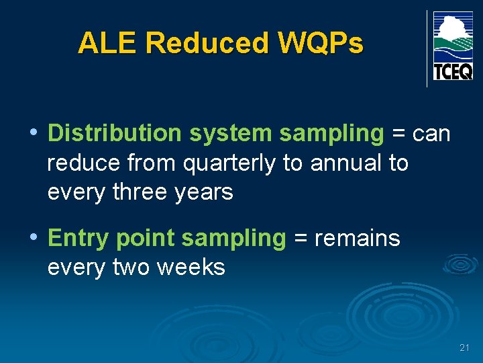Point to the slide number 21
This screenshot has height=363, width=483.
(464, 348)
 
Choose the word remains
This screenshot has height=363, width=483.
(358, 238)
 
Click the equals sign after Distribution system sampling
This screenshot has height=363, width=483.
(398, 134)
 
